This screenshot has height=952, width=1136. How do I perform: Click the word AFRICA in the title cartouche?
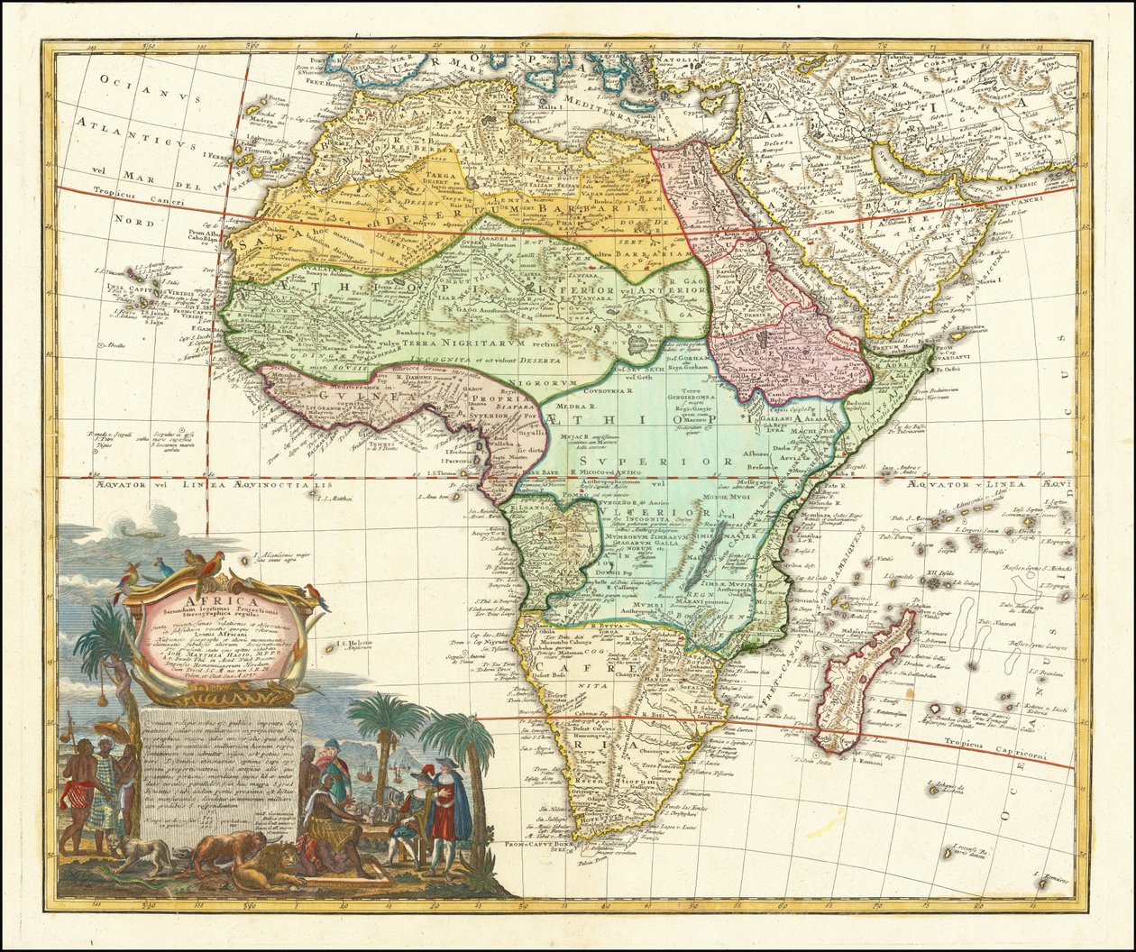click(x=222, y=602)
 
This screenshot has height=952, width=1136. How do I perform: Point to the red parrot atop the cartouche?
click(x=212, y=565)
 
